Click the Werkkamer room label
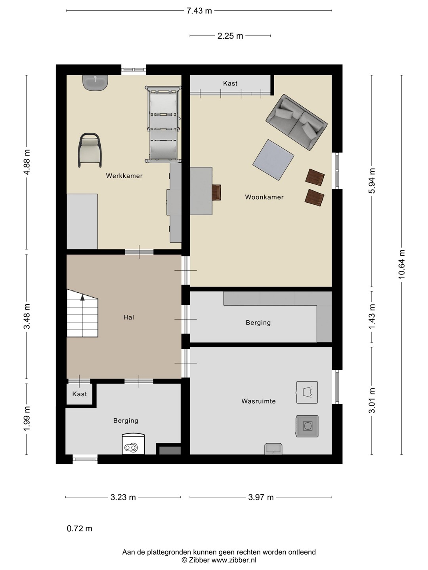point(124,176)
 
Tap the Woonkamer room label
point(264,197)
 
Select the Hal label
point(129,317)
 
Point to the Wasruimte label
point(258,401)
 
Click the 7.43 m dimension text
point(199,11)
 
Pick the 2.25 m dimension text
point(230,36)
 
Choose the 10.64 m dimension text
point(402,264)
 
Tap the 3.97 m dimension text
point(261,497)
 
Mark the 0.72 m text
point(80,529)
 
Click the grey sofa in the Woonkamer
point(296,122)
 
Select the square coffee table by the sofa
point(273,160)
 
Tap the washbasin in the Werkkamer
point(95,83)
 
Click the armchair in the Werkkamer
point(90,150)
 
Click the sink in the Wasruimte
point(273,449)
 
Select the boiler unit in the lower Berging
point(133,444)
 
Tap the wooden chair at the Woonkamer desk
point(216,192)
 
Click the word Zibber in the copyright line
point(199,560)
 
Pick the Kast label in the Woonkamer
point(230,84)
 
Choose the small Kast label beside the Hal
point(80,394)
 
